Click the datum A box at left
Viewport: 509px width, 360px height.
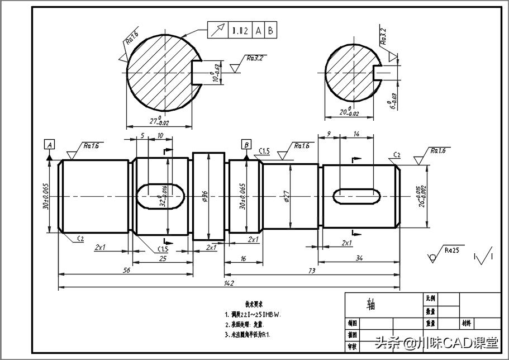pos(50,145)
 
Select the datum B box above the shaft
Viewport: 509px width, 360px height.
pos(246,145)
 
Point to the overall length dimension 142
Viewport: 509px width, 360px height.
pos(228,283)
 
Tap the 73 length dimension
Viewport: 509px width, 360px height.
pos(312,270)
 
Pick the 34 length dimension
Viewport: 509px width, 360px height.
pos(359,257)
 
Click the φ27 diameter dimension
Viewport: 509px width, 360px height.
pos(286,196)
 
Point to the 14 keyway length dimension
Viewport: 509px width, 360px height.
pos(357,134)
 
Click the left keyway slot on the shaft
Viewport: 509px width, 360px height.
pos(160,195)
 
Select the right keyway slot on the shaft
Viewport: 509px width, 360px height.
pos(356,195)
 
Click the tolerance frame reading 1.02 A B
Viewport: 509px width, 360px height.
pos(242,31)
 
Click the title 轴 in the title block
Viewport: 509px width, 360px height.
pos(370,305)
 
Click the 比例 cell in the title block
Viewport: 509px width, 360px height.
pos(431,299)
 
